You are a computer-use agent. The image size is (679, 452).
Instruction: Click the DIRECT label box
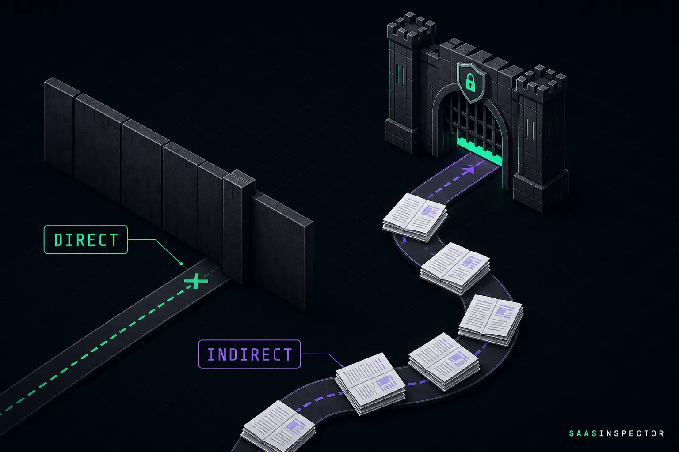[x=86, y=240]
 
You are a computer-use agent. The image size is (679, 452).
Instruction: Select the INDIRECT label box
[x=249, y=354]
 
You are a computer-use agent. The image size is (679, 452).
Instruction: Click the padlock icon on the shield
[x=470, y=82]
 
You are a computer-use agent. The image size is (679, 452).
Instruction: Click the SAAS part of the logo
[x=583, y=433]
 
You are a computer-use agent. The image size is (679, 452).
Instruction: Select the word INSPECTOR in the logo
[x=632, y=433]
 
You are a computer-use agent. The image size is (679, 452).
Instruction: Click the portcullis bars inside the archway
[x=471, y=121]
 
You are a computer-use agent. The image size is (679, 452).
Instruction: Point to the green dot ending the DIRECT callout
[x=181, y=264]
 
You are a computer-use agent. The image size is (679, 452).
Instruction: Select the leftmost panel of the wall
[x=60, y=126]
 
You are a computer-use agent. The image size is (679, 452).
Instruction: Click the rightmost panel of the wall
[x=282, y=251]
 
